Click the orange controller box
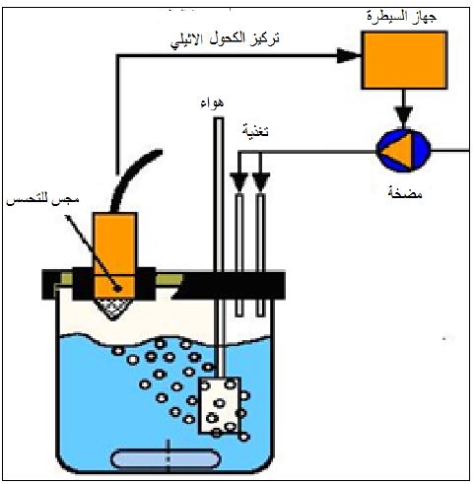404,60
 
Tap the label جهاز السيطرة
401,16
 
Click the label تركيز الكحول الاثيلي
225,40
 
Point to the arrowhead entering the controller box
348,55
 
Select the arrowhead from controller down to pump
404,115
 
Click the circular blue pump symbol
403,151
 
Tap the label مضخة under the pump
405,193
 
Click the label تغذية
255,130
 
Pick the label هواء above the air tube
212,103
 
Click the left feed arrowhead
238,182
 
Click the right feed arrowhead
261,182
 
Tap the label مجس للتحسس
43,200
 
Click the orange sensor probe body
114,255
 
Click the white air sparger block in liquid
220,405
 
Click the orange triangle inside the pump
398,151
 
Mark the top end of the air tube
219,119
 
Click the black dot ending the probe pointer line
117,289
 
